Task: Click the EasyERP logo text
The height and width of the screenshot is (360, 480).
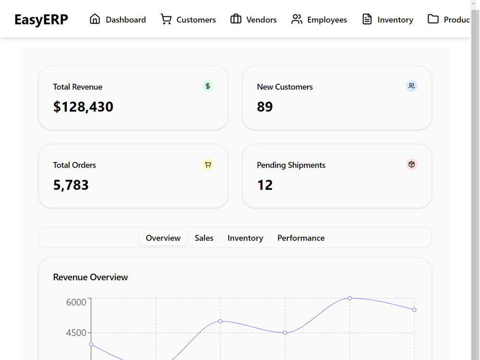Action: pyautogui.click(x=41, y=20)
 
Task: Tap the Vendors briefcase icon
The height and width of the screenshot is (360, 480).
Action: pyautogui.click(x=236, y=19)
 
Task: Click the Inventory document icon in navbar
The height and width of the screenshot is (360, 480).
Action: pyautogui.click(x=367, y=19)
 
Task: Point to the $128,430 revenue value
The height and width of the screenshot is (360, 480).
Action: pyautogui.click(x=83, y=107)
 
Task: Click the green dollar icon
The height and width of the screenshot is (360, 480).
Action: pyautogui.click(x=207, y=86)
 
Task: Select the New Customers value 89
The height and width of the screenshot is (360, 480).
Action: pyautogui.click(x=265, y=107)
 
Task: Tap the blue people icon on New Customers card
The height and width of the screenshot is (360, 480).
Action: pyautogui.click(x=411, y=86)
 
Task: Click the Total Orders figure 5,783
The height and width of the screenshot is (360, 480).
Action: pyautogui.click(x=71, y=185)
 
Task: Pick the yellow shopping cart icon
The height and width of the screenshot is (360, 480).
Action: pyautogui.click(x=207, y=164)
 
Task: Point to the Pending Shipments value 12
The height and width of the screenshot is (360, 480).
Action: pyautogui.click(x=265, y=185)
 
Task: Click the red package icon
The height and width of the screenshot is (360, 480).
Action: pyautogui.click(x=411, y=164)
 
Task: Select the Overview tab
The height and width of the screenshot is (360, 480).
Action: pyautogui.click(x=163, y=238)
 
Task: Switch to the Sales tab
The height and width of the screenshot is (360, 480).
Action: pyautogui.click(x=204, y=238)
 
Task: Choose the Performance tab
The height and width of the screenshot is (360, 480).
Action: pyautogui.click(x=301, y=238)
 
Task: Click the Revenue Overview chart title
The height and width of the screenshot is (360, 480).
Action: pyautogui.click(x=90, y=277)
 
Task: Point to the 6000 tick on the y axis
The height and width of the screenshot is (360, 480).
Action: pyautogui.click(x=76, y=302)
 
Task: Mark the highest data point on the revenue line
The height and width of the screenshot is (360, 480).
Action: pyautogui.click(x=349, y=298)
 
